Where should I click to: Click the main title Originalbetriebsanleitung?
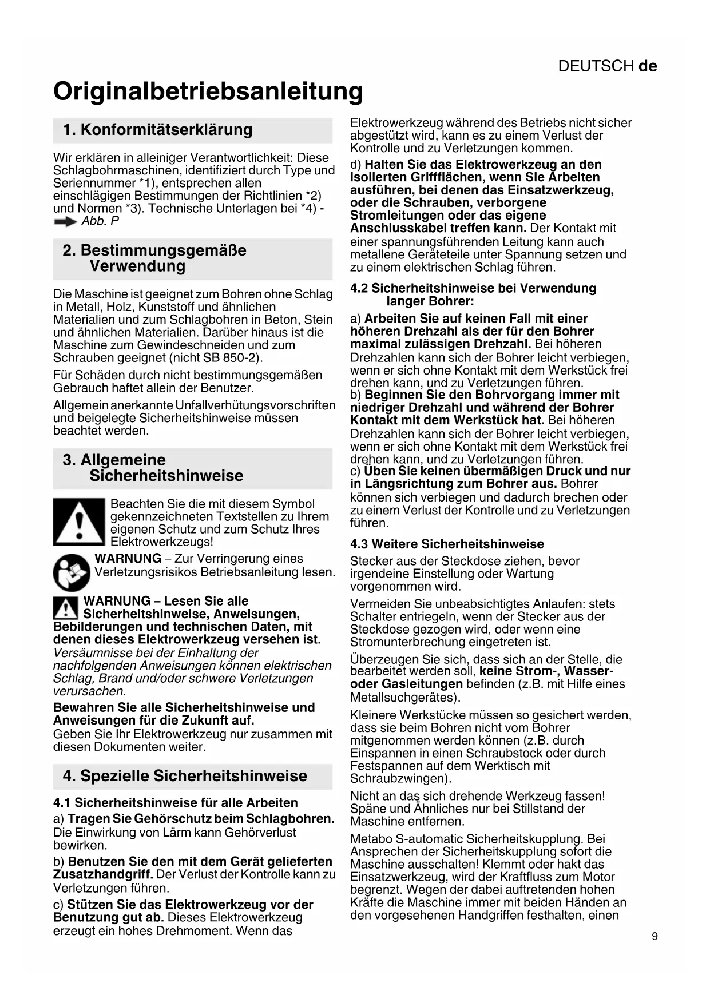click(208, 91)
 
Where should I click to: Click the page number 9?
click(655, 936)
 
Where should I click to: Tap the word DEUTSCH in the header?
click(596, 66)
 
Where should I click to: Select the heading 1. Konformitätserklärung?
click(157, 130)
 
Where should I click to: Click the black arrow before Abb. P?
click(65, 222)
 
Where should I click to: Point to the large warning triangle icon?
click(78, 522)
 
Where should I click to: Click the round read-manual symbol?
click(72, 572)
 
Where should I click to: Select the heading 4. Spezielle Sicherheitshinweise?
click(185, 776)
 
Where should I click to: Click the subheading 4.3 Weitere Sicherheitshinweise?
click(447, 544)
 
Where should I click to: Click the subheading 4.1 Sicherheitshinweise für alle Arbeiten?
click(176, 803)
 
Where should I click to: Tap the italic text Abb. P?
click(100, 221)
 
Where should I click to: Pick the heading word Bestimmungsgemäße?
click(163, 250)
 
